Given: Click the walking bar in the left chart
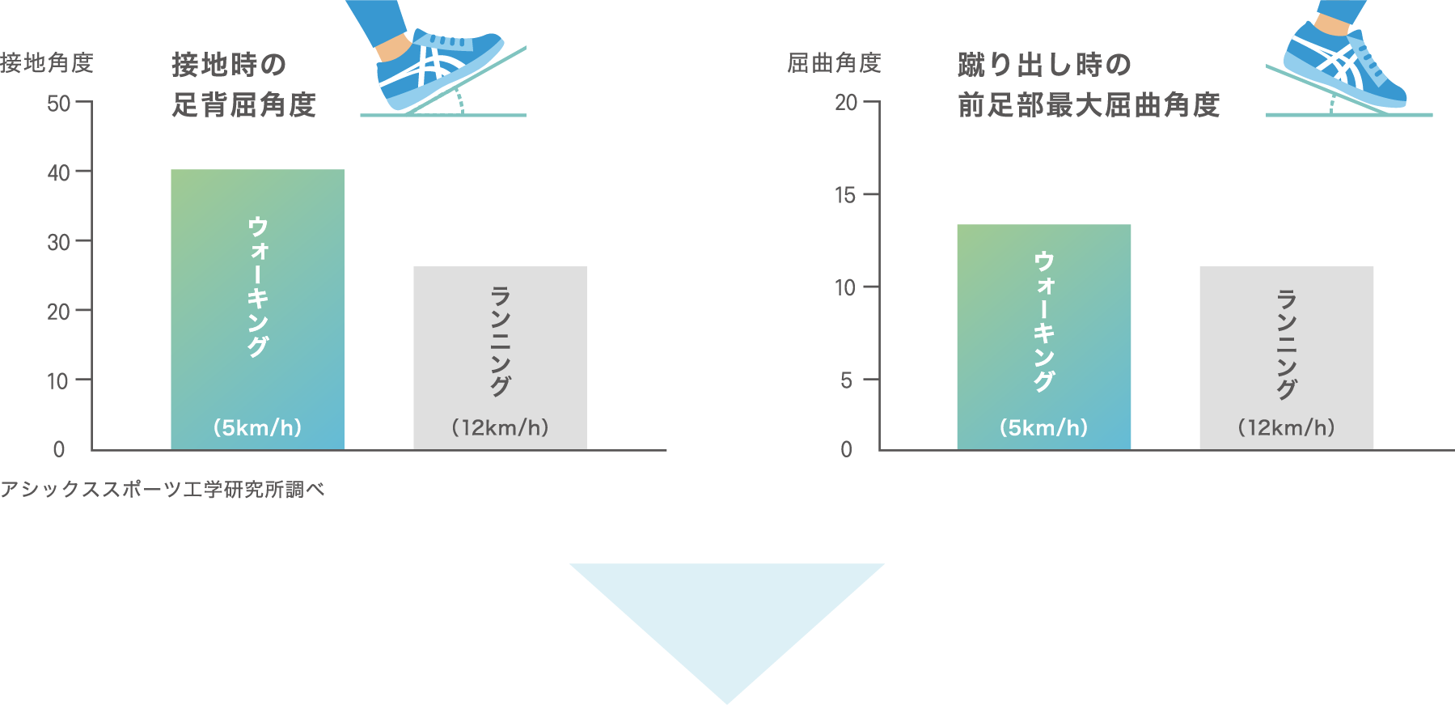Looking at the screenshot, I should [257, 308].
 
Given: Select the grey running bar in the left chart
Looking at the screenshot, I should [500, 356].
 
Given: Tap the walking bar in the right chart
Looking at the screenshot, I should [1043, 336].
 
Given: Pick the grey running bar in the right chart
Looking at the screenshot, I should [1286, 356].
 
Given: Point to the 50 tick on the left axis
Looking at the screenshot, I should [59, 103].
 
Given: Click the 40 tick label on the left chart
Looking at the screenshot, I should [59, 172].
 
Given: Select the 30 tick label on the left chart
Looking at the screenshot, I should [59, 242].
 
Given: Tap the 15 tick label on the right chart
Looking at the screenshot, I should [845, 195].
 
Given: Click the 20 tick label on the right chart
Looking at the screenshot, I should [846, 103].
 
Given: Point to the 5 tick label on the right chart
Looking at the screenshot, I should [846, 380].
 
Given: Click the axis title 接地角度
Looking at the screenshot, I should [47, 62].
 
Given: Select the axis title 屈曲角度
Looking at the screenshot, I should [834, 62].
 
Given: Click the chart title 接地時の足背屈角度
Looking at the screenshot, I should [243, 84].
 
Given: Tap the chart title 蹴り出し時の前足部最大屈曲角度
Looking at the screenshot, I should [1088, 84].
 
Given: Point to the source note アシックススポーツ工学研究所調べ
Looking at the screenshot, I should [162, 490].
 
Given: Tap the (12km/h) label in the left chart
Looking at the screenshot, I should [500, 427].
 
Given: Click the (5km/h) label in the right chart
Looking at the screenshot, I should [1043, 427].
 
